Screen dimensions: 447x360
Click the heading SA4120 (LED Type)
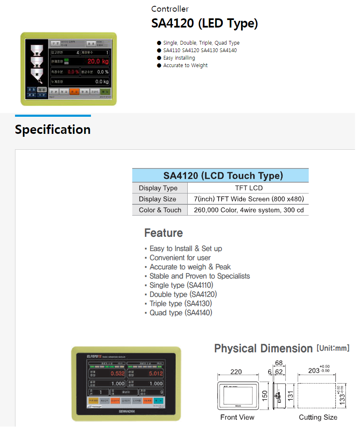tap(204, 24)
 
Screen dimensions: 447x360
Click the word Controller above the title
tap(170, 9)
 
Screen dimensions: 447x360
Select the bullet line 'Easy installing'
tap(179, 58)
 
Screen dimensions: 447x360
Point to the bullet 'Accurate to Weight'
tap(185, 65)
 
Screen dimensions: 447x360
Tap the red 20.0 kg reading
tap(98, 62)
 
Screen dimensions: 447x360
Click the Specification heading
tap(53, 130)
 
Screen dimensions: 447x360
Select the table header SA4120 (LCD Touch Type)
tap(220, 176)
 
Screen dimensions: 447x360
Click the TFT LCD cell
tap(249, 188)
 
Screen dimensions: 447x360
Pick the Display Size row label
tap(158, 199)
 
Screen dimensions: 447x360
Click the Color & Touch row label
tap(160, 210)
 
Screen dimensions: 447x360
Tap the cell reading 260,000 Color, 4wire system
tap(249, 210)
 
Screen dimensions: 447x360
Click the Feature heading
tap(164, 233)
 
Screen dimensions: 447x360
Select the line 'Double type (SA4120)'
tap(183, 294)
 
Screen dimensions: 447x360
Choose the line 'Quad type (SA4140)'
tap(181, 313)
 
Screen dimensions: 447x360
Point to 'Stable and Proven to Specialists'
tap(199, 276)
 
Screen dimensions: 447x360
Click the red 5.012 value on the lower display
tap(155, 374)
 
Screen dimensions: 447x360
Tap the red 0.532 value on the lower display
tap(117, 374)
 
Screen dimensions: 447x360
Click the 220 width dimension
tap(236, 372)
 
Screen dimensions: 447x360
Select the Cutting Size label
tap(318, 417)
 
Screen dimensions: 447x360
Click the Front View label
tap(237, 417)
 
